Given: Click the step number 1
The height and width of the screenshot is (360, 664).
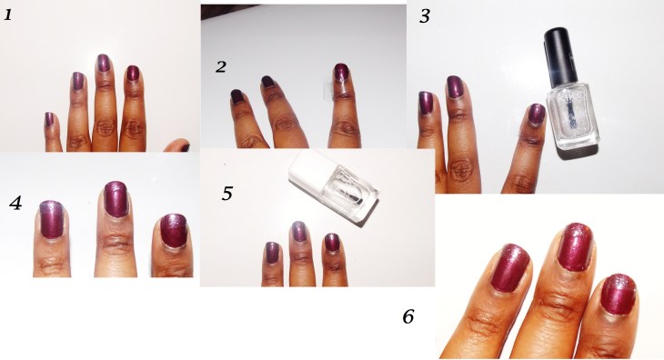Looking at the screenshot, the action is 8,15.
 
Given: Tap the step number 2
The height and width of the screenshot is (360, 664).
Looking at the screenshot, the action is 221,67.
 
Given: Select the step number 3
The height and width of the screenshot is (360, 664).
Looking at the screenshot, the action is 424,16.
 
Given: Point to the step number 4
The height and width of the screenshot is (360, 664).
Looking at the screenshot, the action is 15,204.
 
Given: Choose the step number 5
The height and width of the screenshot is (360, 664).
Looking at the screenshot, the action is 227,194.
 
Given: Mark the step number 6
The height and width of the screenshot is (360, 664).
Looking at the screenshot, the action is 407,316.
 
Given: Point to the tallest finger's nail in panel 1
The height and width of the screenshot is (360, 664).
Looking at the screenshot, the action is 103,63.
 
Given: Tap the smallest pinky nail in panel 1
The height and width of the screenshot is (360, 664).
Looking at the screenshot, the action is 49,119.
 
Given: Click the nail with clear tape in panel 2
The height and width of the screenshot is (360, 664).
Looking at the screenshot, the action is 340,72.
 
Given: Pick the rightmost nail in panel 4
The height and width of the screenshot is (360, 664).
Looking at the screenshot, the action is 174,231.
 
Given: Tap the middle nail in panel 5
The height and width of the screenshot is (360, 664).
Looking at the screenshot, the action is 299,232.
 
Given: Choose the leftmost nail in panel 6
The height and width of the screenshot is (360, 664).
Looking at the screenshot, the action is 510,268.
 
